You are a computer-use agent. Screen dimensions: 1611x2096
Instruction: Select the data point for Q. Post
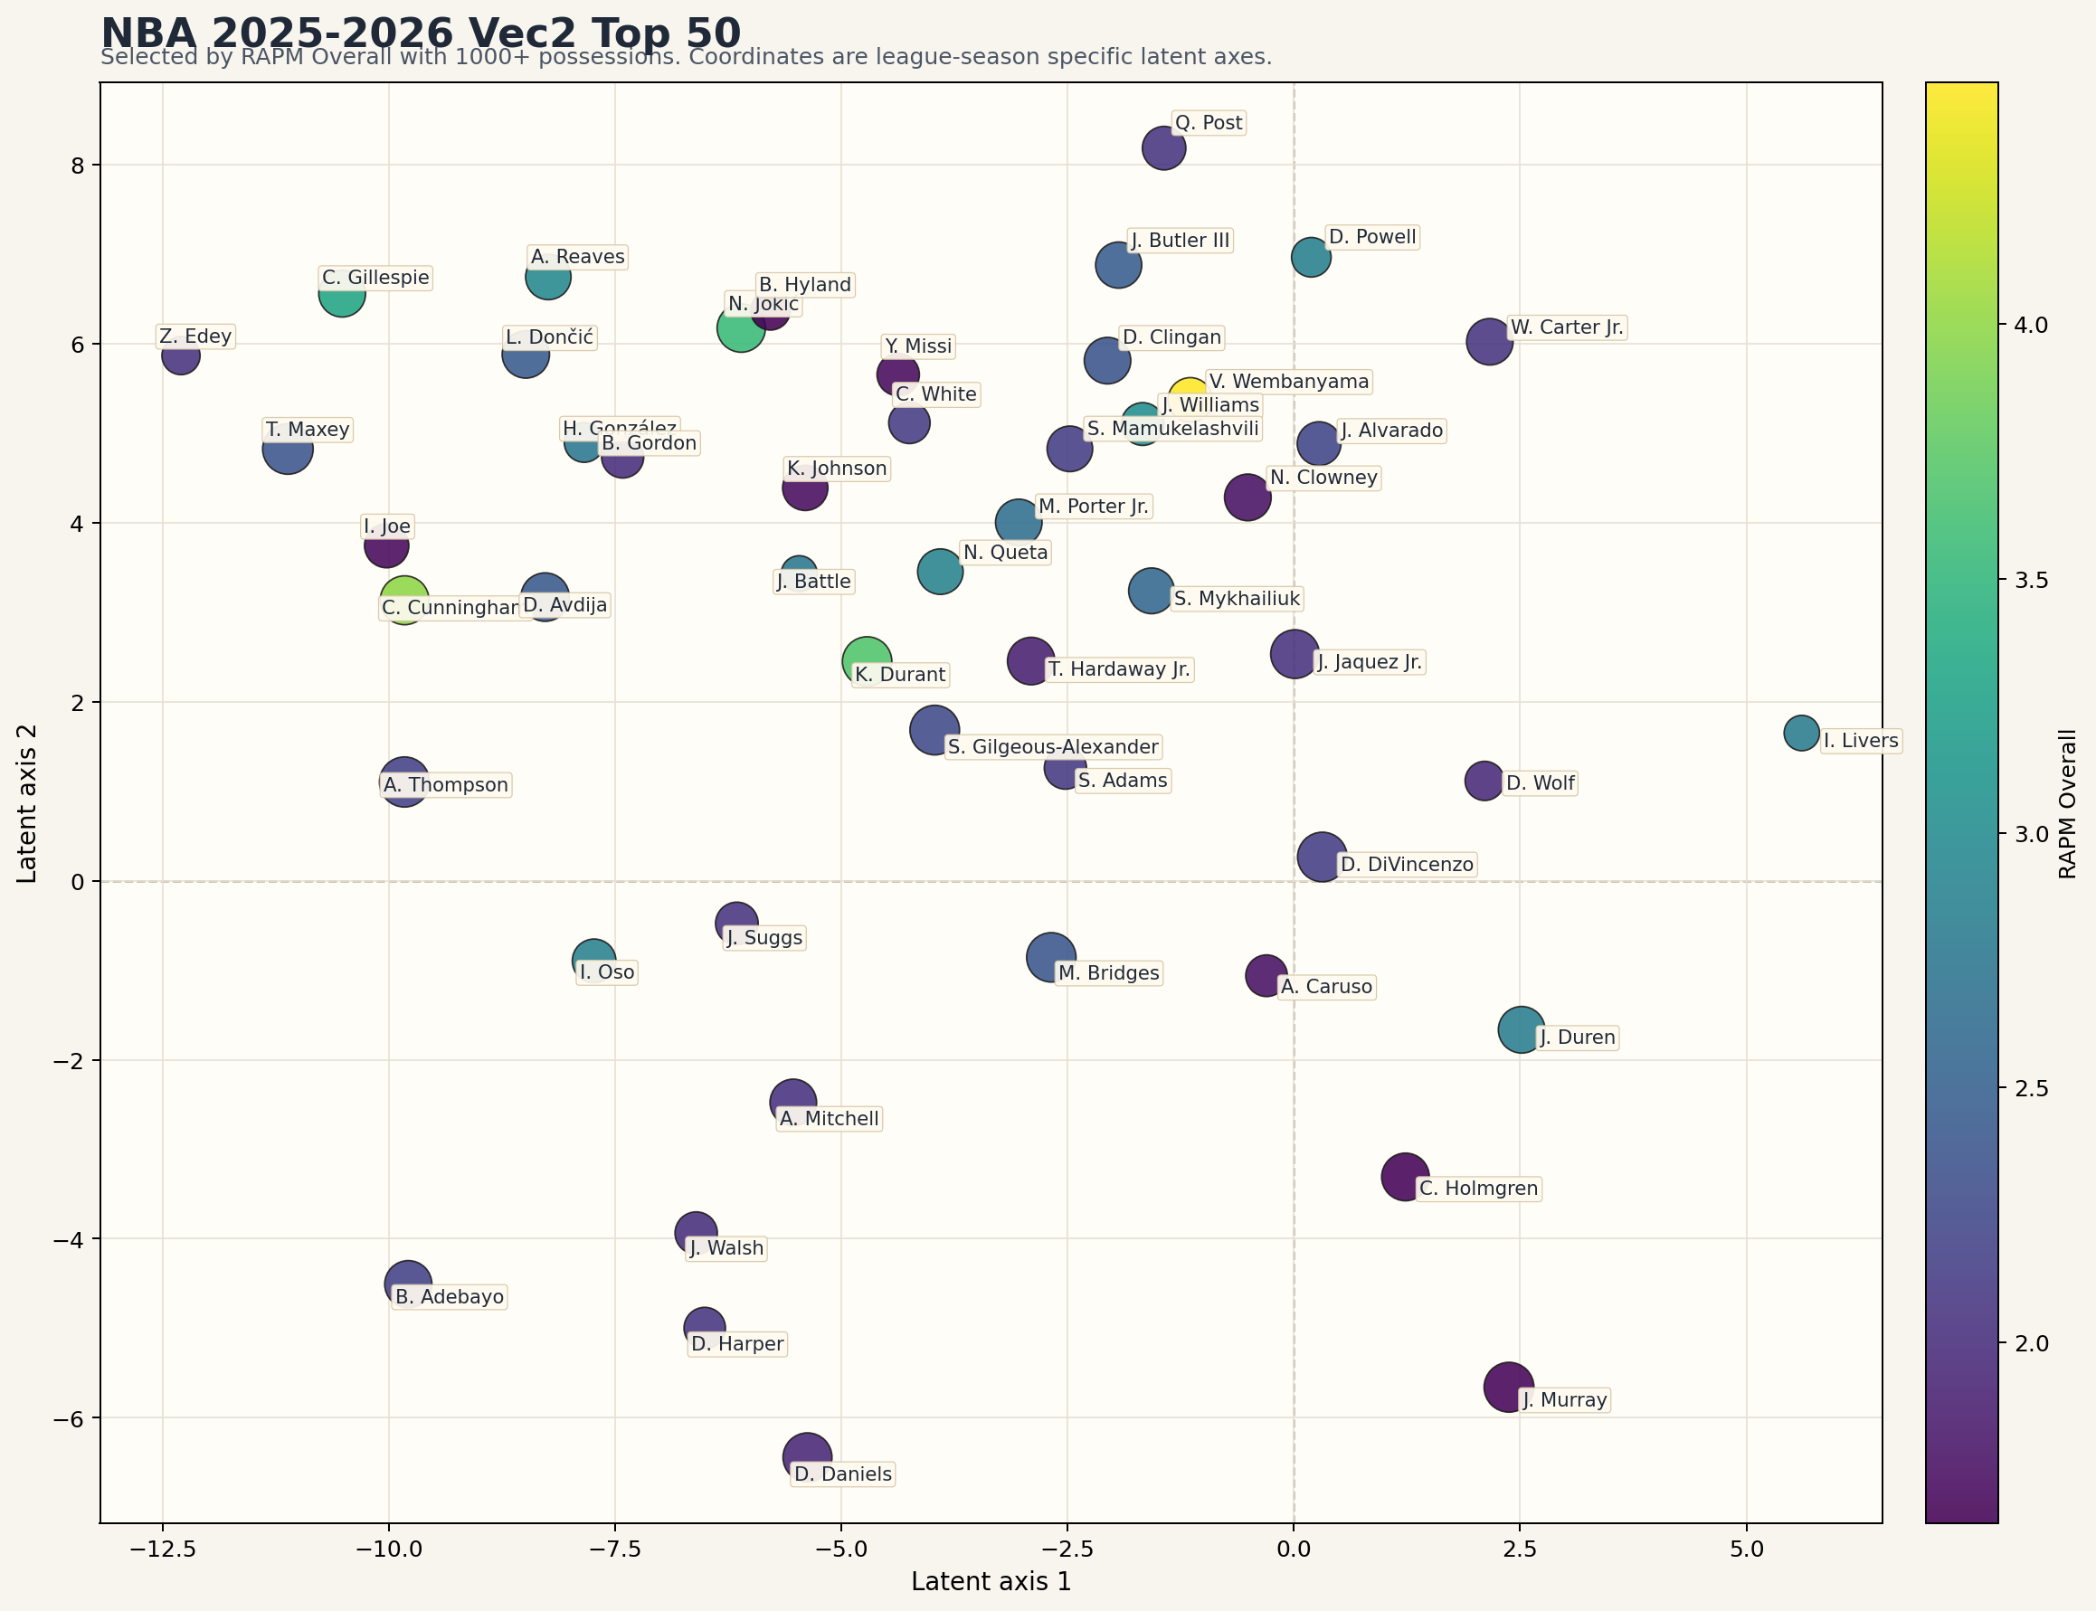(x=1163, y=147)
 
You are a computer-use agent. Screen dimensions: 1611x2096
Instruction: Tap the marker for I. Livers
(x=1801, y=733)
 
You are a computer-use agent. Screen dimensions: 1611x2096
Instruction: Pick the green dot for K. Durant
(x=866, y=659)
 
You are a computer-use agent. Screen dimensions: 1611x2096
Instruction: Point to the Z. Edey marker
(x=180, y=355)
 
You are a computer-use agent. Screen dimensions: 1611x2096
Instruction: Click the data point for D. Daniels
(x=806, y=1456)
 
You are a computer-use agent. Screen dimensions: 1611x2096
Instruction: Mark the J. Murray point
(x=1507, y=1387)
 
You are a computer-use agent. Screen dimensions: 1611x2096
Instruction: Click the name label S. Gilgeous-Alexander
(x=1052, y=746)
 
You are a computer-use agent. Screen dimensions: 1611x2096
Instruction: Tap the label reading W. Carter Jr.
(x=1566, y=327)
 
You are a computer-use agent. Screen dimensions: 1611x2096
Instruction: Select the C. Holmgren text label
(x=1477, y=1188)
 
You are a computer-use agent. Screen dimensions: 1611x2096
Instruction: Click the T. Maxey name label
(x=307, y=429)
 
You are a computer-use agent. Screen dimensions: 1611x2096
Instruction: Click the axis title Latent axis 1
(x=991, y=1581)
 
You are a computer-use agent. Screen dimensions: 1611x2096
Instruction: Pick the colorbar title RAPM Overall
(x=2067, y=803)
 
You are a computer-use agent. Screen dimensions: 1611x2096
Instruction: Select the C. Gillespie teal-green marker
(x=341, y=293)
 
